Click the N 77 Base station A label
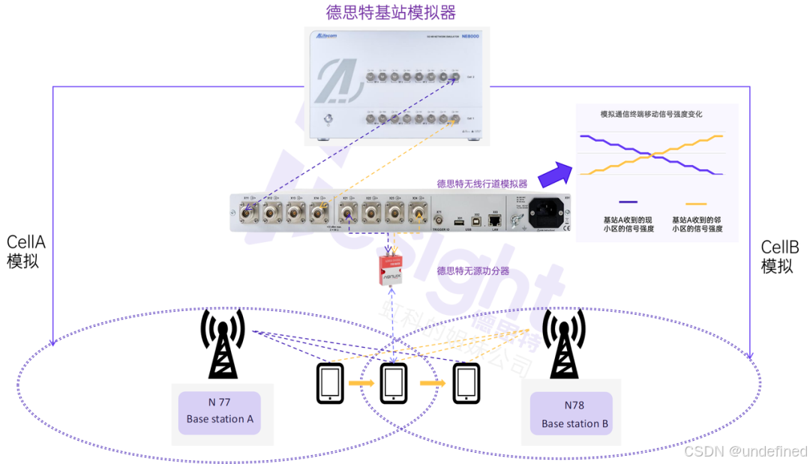(220, 411)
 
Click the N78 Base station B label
(574, 415)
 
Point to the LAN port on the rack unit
(496, 220)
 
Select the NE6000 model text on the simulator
(470, 36)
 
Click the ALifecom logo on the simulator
(326, 35)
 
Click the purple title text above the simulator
(391, 12)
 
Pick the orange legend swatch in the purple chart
(697, 203)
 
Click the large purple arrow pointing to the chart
(553, 172)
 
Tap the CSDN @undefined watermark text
(744, 451)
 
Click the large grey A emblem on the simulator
(335, 83)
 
